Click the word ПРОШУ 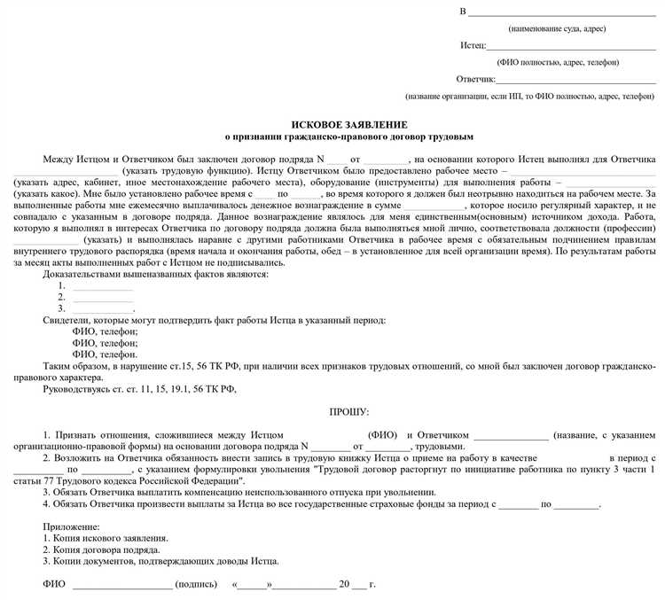point(348,413)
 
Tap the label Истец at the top point(473,44)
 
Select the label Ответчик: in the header point(477,79)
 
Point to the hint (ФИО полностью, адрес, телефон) point(559,62)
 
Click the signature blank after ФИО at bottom point(122,585)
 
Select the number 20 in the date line point(342,584)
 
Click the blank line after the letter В point(562,12)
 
